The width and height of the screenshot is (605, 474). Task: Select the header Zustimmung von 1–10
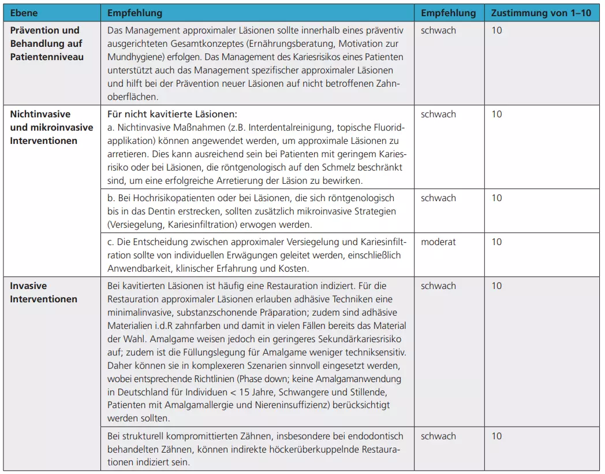click(x=541, y=13)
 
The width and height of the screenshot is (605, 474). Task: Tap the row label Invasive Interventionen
click(x=43, y=292)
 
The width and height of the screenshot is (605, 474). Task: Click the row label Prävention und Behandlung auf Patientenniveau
click(x=46, y=43)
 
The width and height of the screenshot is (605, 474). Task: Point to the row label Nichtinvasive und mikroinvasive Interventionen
click(x=51, y=127)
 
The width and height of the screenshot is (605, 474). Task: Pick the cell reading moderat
click(x=438, y=242)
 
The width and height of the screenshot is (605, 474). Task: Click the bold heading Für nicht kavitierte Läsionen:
click(x=173, y=114)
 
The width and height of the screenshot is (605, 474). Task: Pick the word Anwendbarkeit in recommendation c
click(x=136, y=268)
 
